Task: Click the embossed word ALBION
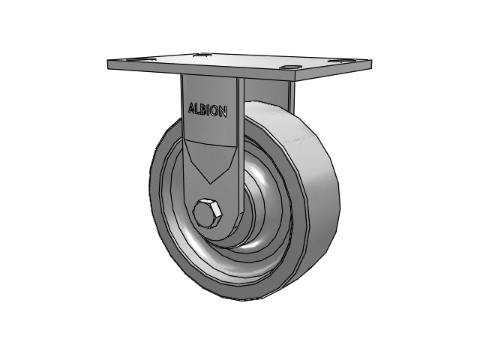pos(208,110)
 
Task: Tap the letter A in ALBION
pos(192,108)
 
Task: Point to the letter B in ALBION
pos(203,109)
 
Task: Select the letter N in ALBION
pos(223,112)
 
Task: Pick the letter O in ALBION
pos(214,111)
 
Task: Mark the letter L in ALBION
pos(197,109)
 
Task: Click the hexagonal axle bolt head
pos(207,214)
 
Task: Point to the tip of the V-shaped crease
pos(210,184)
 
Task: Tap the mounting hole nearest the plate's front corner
pos(289,67)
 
